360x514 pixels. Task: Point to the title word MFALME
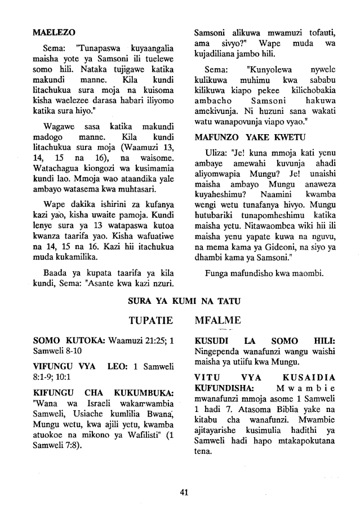pos(219,321)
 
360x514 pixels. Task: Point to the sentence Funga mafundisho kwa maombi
pos(265,275)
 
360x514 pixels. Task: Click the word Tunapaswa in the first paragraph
pos(94,47)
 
